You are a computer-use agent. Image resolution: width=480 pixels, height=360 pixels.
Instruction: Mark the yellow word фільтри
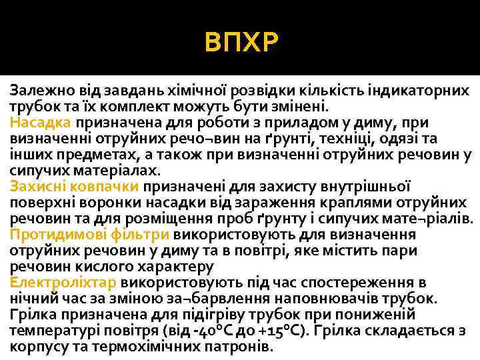pyautogui.click(x=135, y=234)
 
